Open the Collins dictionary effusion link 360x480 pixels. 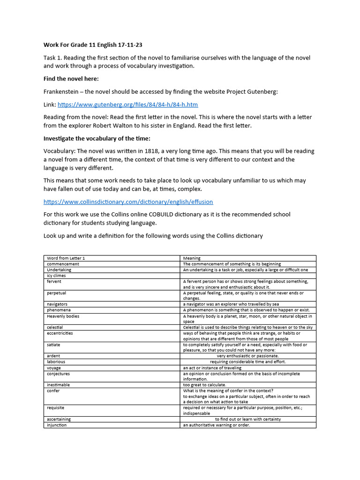tap(128, 202)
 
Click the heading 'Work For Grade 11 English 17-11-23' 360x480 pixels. tap(93, 45)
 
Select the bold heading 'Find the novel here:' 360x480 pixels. tap(71, 79)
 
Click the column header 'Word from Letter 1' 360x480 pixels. tap(66, 258)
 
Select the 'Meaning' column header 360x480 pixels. tap(192, 258)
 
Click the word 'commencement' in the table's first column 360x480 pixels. tap(63, 264)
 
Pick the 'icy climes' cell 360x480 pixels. tap(57, 276)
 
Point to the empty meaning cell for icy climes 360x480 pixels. tap(248, 276)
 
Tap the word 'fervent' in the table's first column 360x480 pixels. tap(54, 282)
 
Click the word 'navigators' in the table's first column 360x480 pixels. tap(57, 304)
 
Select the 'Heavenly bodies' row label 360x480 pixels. tap(63, 316)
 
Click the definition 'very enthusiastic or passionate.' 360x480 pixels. tap(247, 356)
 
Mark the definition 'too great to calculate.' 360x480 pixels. tap(204, 385)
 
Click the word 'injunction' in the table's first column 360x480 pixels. tap(57, 425)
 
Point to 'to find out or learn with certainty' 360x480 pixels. tap(247, 419)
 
